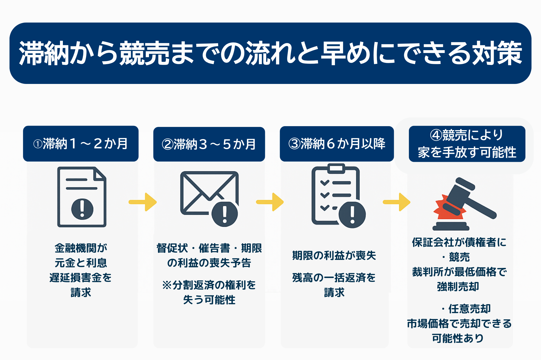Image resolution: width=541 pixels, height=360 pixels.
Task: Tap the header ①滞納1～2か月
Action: [x=81, y=144]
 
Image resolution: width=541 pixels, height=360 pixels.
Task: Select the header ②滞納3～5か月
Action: [x=209, y=144]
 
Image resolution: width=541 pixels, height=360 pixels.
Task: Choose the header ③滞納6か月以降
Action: [x=337, y=144]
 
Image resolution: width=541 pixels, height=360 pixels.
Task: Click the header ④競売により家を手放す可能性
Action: [x=467, y=144]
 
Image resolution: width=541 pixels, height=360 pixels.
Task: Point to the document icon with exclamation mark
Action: [x=82, y=197]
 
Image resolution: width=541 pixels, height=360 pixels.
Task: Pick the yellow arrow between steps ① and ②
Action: [x=143, y=202]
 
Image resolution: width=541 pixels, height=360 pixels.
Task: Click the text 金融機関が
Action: [x=81, y=248]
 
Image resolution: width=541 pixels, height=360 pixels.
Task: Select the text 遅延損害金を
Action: [x=81, y=278]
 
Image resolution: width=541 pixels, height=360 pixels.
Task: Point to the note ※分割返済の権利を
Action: [x=209, y=285]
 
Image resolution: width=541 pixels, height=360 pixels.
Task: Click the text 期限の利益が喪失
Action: [x=334, y=255]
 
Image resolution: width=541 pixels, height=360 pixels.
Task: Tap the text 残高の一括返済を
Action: [x=334, y=278]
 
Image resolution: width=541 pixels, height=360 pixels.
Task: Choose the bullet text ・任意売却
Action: [x=466, y=309]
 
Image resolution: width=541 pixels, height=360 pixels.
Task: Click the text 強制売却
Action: [x=458, y=287]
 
